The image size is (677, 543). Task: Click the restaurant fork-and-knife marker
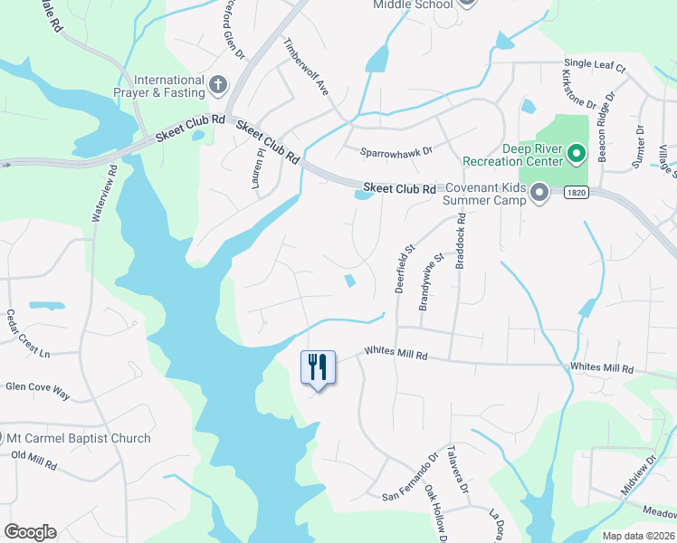point(318,367)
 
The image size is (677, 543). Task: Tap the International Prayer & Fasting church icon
point(217,86)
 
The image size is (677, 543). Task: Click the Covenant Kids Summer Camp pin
point(540,192)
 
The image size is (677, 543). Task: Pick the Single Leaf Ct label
point(594,65)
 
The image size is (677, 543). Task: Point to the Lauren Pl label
point(257,169)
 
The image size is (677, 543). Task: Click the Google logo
point(30,532)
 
